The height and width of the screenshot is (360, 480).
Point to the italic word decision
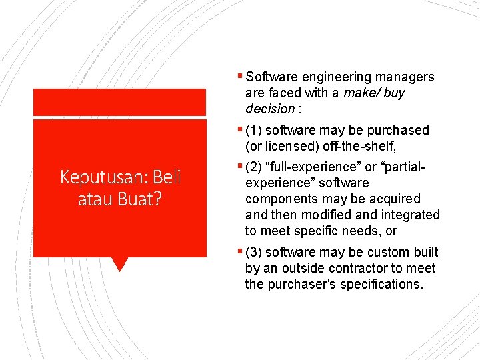coord(269,109)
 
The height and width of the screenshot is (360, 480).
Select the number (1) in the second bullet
coord(254,130)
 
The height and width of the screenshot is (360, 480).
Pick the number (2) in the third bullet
coord(254,167)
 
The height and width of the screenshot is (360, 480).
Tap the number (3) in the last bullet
coord(254,252)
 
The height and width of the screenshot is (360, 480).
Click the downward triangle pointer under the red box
coord(120,264)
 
